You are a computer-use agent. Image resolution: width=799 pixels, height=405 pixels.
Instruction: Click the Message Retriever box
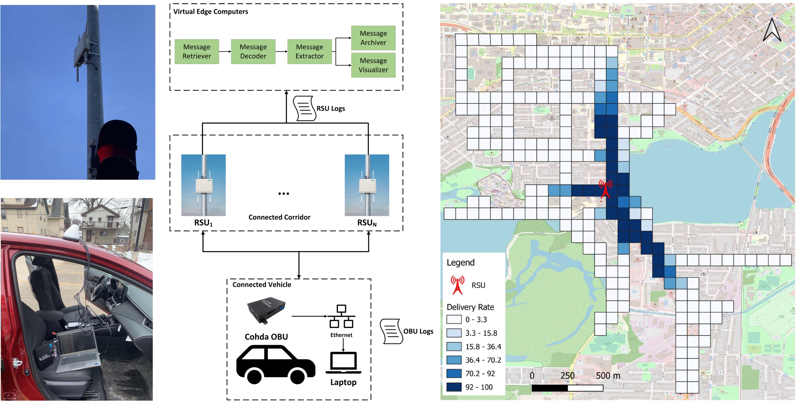point(197,51)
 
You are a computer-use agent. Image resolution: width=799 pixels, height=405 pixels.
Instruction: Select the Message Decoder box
point(253,51)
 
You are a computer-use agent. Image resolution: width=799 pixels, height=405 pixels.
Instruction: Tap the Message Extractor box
point(309,51)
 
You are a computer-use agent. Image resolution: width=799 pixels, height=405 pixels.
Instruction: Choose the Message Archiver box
point(373,38)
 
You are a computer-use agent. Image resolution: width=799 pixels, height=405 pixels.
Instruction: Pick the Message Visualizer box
point(373,65)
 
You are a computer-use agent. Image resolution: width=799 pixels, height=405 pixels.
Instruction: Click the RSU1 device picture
point(204,185)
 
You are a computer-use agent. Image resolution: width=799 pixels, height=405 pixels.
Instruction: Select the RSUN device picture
point(367,185)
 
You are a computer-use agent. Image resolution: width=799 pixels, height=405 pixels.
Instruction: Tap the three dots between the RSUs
point(283,194)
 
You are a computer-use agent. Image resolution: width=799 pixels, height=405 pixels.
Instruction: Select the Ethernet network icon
point(341,317)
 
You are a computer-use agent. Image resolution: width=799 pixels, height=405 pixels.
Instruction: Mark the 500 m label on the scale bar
point(608,376)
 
